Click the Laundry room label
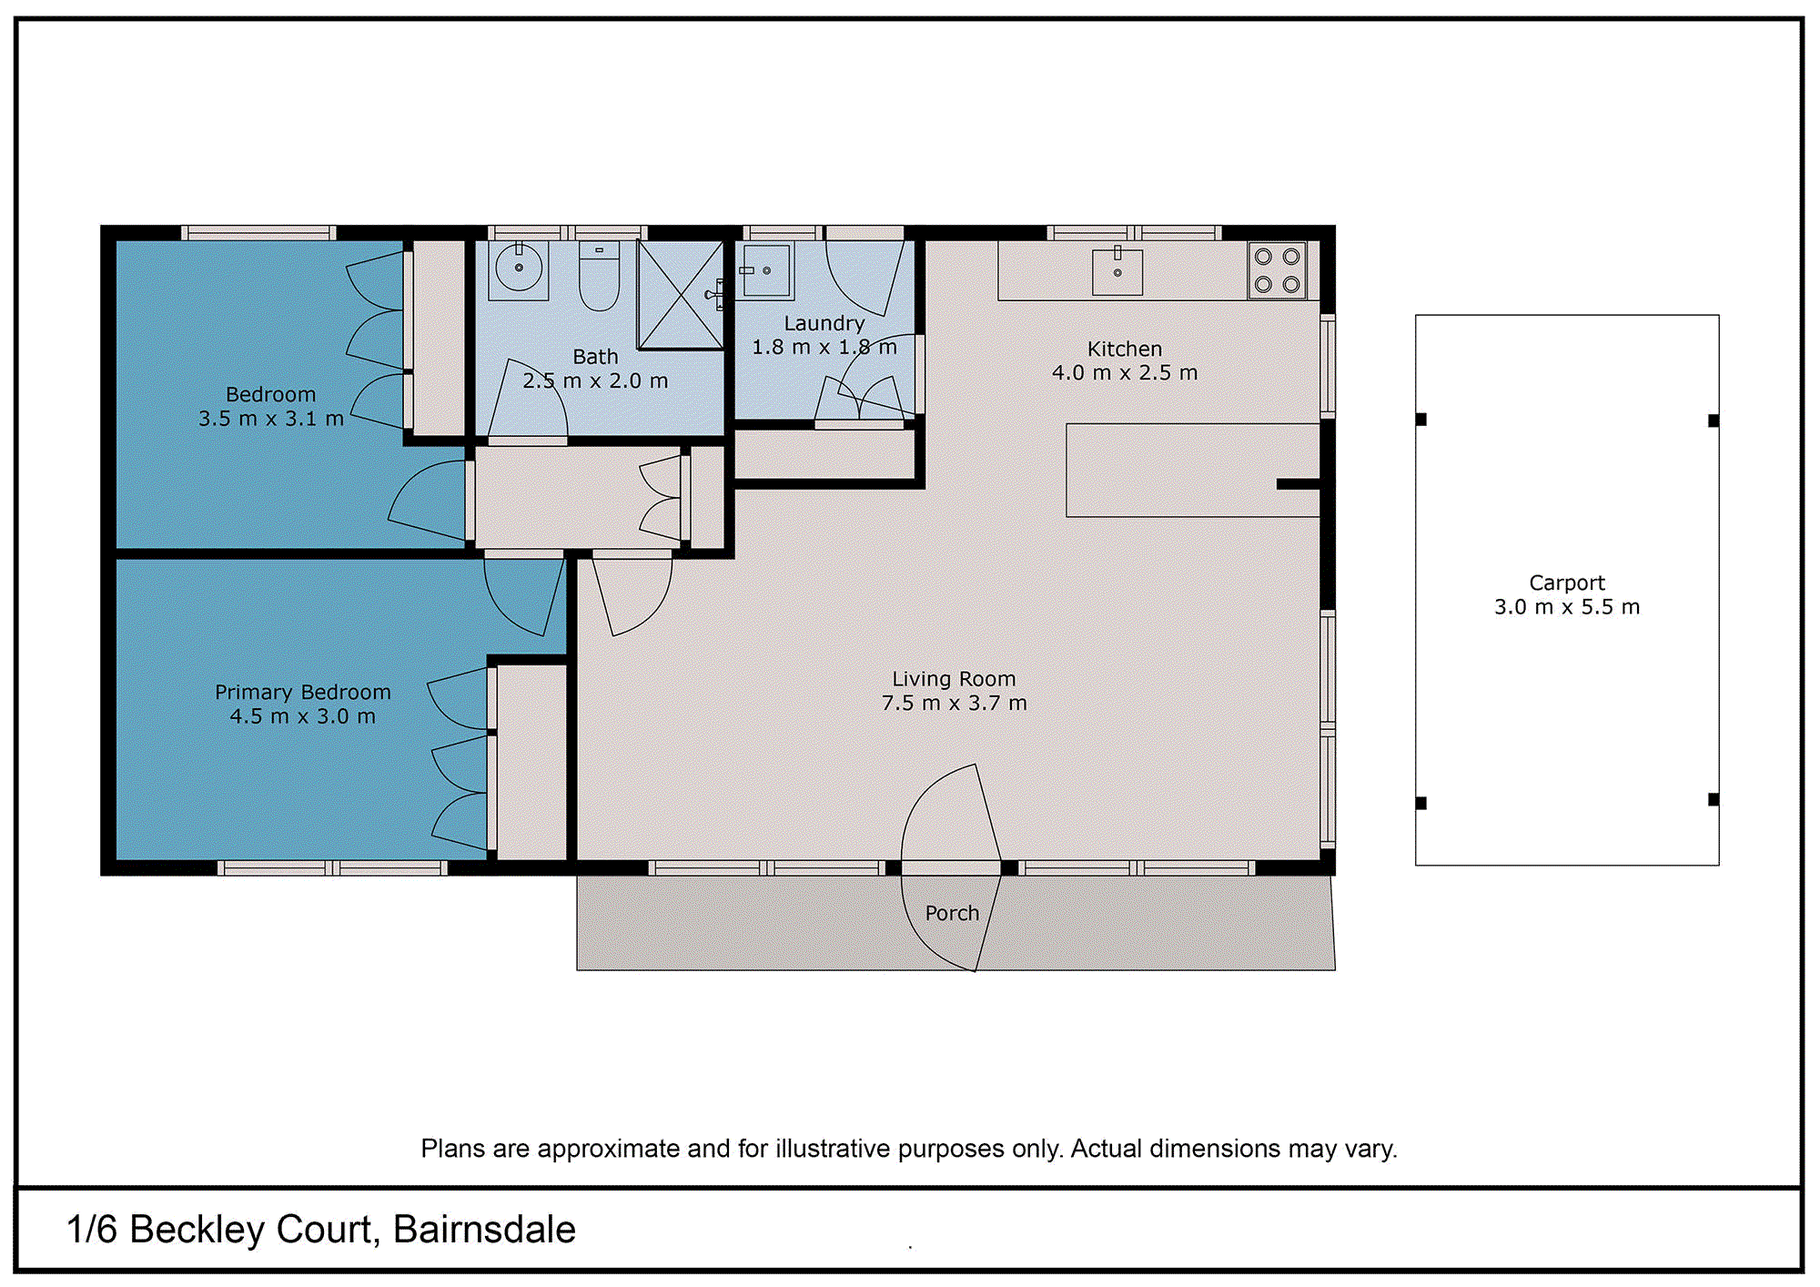tap(824, 323)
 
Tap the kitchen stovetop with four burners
tap(1277, 270)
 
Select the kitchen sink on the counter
tap(1117, 271)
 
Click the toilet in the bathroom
tap(599, 276)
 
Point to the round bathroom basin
tap(519, 269)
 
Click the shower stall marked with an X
tap(681, 294)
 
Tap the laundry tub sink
tap(766, 270)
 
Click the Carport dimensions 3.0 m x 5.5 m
tap(1566, 607)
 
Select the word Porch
tap(952, 913)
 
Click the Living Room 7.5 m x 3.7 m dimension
tap(954, 703)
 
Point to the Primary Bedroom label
tap(302, 692)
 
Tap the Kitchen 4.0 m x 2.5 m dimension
tap(1124, 373)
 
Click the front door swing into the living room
tap(951, 815)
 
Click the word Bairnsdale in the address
tap(484, 1230)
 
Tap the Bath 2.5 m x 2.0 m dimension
tap(595, 381)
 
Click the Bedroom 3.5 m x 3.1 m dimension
tap(271, 419)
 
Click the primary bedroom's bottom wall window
tap(333, 868)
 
